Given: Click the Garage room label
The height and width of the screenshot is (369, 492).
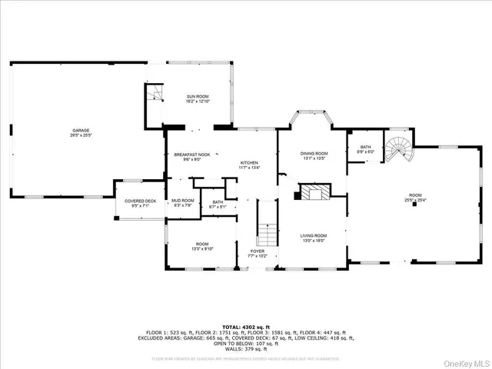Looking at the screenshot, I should tap(81, 131).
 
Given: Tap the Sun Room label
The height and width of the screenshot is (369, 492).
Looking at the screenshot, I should tap(198, 98).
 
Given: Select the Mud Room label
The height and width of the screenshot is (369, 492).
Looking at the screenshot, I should tap(183, 201).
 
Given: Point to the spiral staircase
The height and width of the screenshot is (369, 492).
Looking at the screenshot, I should tap(399, 147).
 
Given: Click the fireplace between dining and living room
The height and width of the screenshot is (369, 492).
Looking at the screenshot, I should tap(312, 192).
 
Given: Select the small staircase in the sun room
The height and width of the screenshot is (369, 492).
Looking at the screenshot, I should tap(155, 95).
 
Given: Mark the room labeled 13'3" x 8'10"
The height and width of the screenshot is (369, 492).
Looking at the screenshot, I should tap(202, 246).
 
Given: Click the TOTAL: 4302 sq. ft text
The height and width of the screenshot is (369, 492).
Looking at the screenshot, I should tap(245, 326).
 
